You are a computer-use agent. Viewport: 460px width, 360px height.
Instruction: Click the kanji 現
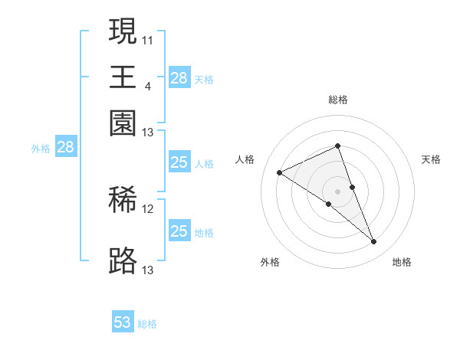(123, 32)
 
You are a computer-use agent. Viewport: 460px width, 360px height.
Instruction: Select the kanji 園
(123, 123)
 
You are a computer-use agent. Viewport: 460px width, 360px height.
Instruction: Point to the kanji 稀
(123, 200)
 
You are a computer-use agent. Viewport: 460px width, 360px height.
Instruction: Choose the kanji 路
(123, 261)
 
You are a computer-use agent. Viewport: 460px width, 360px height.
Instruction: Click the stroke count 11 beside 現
(148, 39)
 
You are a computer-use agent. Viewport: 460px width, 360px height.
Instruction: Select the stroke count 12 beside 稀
(148, 208)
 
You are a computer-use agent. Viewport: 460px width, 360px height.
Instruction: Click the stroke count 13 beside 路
(148, 269)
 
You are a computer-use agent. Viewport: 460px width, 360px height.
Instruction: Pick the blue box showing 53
(123, 322)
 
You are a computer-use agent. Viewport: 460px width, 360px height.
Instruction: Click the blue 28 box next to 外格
(65, 148)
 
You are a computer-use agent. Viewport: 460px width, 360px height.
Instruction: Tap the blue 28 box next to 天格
(179, 78)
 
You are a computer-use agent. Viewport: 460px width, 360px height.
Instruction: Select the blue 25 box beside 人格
(179, 162)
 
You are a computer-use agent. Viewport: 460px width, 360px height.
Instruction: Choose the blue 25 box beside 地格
(179, 231)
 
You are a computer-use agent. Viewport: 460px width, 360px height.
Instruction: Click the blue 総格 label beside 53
(147, 324)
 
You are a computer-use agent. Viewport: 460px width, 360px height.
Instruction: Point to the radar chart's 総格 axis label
(338, 100)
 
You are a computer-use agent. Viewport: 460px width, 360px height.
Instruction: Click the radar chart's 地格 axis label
(402, 262)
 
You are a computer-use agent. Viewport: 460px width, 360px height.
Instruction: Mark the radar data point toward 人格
(280, 172)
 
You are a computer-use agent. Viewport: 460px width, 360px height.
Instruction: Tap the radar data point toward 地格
(374, 242)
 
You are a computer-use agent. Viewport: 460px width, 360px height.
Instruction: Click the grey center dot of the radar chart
(337, 191)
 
